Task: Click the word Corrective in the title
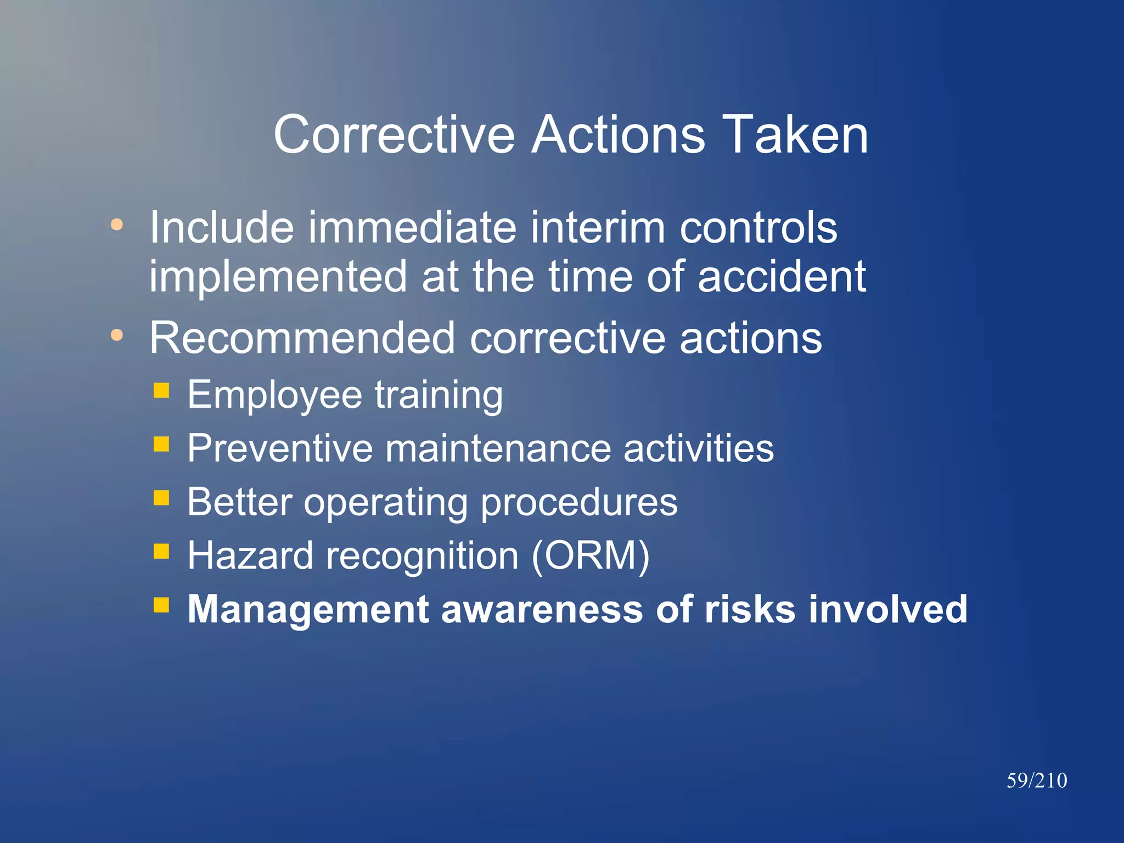tap(394, 135)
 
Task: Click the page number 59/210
tap(1036, 780)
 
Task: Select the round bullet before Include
tap(116, 224)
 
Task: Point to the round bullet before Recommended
tap(116, 335)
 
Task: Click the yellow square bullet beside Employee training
tap(161, 390)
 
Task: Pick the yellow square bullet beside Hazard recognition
tap(161, 551)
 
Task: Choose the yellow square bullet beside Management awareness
tap(161, 605)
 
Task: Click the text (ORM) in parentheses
tap(591, 556)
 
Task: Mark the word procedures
tap(579, 503)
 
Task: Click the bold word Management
tap(308, 610)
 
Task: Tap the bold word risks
tap(749, 609)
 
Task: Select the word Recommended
tap(302, 338)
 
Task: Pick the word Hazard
tap(251, 556)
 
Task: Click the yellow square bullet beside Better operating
tap(161, 497)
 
